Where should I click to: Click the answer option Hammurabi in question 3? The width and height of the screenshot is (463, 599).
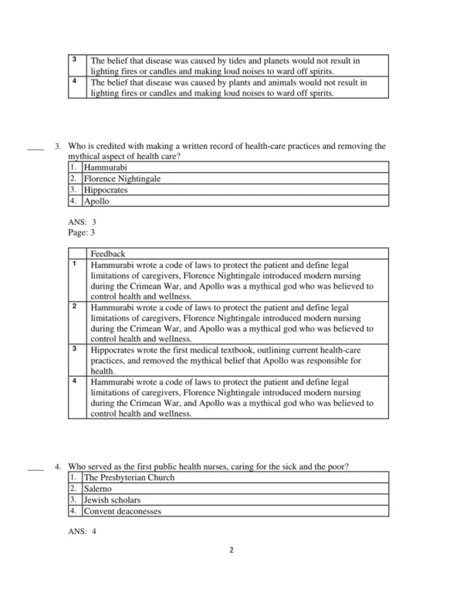(x=106, y=167)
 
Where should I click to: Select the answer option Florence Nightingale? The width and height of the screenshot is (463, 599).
(x=123, y=178)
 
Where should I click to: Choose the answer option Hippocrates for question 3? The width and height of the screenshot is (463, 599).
(x=106, y=190)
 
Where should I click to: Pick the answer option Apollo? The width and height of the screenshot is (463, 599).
(x=97, y=201)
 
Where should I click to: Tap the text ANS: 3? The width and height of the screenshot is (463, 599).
(x=83, y=222)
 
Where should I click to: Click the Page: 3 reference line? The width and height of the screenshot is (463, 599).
(x=82, y=232)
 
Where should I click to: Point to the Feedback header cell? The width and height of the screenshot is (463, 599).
(x=107, y=253)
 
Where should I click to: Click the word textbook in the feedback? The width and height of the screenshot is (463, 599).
(x=264, y=349)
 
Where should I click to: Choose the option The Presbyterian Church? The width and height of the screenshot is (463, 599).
(x=129, y=477)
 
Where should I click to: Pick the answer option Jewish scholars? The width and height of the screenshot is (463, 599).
(x=112, y=500)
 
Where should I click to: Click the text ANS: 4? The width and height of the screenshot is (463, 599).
(x=83, y=531)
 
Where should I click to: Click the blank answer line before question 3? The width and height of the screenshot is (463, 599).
(x=35, y=147)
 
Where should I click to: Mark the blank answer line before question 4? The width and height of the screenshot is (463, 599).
(x=35, y=468)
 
